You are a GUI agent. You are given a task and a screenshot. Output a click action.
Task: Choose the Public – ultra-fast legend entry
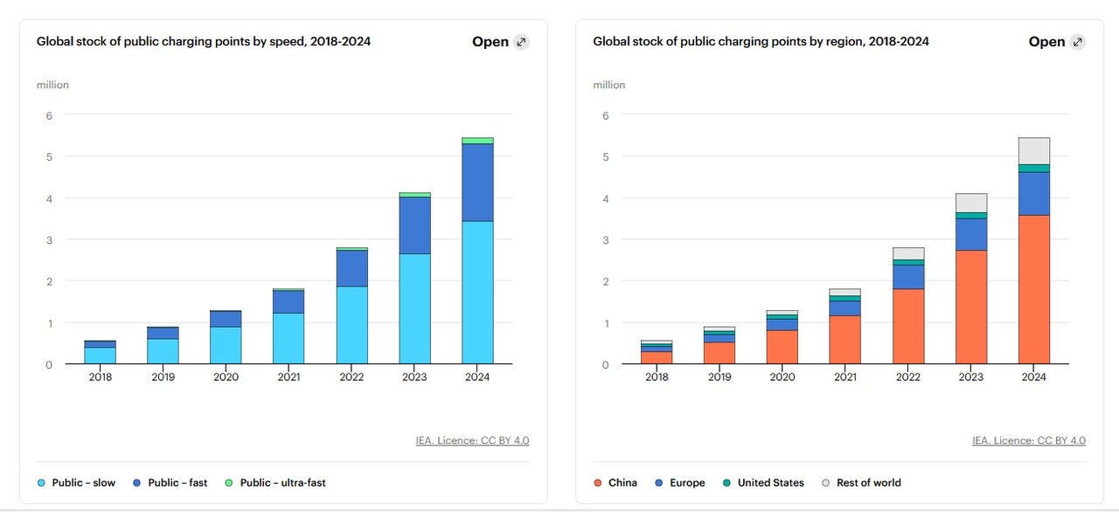point(275,482)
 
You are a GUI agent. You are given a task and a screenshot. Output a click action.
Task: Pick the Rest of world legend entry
point(861,482)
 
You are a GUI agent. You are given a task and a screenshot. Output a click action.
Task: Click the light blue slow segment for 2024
point(477,293)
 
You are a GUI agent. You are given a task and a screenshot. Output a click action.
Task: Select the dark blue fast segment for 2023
point(414,225)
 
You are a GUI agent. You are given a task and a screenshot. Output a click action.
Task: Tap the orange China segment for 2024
point(1034,289)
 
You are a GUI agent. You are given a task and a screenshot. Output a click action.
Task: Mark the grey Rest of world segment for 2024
point(1034,150)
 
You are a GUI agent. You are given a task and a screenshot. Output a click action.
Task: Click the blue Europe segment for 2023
point(971,234)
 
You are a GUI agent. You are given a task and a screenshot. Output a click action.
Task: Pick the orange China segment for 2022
point(908,326)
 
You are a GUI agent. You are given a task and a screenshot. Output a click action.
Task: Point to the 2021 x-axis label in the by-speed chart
point(288,377)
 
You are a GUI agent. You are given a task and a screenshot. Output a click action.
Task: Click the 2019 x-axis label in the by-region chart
point(719,377)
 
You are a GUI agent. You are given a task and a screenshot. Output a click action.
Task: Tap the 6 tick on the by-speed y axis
point(49,115)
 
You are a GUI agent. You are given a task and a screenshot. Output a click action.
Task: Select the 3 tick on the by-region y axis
point(605,239)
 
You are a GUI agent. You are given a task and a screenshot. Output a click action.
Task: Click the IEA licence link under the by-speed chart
point(472,440)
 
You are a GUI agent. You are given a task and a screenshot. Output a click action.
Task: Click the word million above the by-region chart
point(609,85)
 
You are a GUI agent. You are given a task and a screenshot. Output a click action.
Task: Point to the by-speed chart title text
point(204,41)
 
